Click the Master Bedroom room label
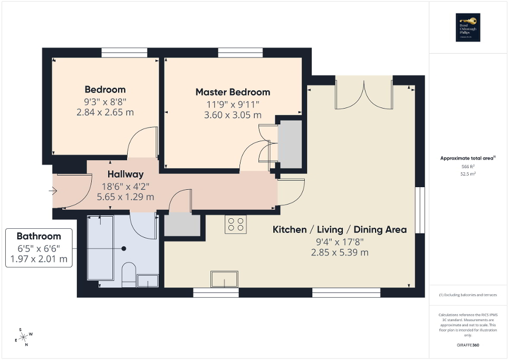point(233,92)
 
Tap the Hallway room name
point(126,174)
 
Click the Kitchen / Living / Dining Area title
point(339,229)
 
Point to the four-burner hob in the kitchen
point(235,225)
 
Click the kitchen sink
point(224,279)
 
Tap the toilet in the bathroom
point(128,275)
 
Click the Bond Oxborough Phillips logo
point(467,27)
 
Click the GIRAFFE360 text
point(468,345)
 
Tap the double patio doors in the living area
point(364,95)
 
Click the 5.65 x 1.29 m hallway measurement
point(126,197)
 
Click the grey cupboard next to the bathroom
point(182,225)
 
